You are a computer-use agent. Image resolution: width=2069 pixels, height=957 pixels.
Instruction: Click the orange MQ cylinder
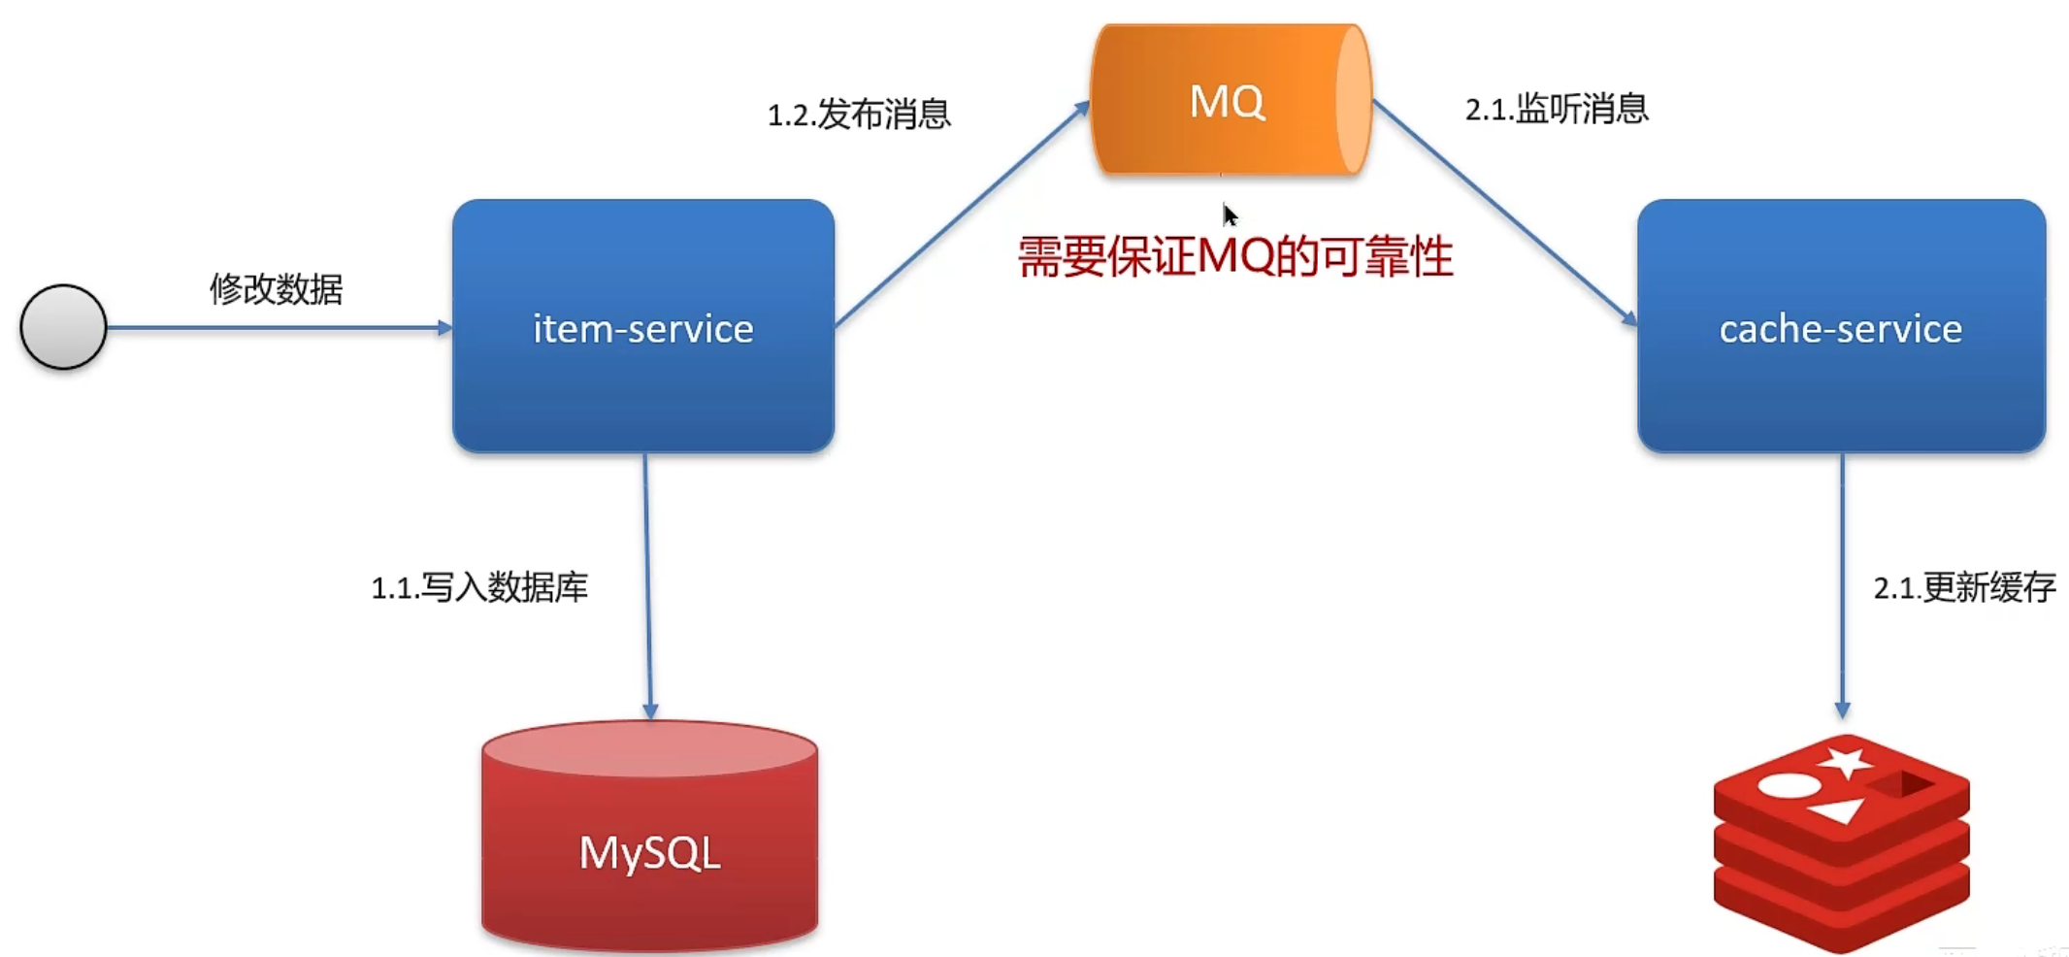[1230, 100]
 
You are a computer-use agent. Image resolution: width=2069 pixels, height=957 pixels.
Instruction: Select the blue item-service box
[642, 327]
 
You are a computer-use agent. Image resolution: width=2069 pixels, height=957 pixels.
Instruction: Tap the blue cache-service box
[1840, 327]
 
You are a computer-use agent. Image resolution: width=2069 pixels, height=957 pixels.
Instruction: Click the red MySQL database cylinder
[649, 837]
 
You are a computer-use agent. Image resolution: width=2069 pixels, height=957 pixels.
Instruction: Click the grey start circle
[63, 327]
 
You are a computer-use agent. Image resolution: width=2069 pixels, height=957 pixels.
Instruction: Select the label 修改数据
[277, 288]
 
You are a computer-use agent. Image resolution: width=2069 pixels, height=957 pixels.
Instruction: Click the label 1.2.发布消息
[859, 115]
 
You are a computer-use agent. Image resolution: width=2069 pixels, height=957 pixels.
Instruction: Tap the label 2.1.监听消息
[1557, 109]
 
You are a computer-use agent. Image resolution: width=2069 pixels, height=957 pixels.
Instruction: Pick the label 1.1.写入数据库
[479, 587]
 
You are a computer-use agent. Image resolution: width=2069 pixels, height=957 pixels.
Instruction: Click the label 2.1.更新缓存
[1964, 587]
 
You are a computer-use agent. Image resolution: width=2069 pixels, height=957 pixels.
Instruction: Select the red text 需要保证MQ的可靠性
[1234, 258]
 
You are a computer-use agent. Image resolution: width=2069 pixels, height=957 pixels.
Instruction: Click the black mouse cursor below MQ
[1230, 214]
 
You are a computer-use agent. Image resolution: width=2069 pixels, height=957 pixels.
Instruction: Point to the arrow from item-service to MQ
[961, 214]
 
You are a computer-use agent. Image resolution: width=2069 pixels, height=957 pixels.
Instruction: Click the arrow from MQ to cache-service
[1504, 212]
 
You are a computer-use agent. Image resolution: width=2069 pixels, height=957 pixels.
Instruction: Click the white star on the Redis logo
[1845, 762]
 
